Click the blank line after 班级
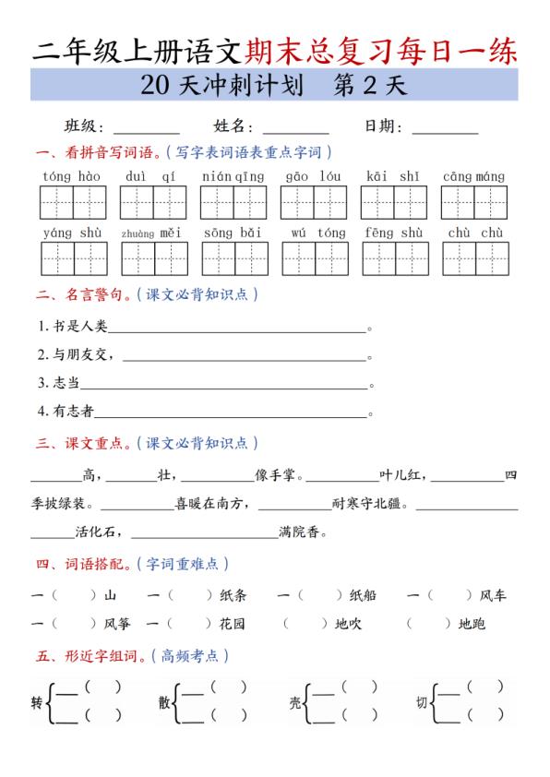(146, 129)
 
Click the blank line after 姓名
(295, 129)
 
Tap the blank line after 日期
(445, 129)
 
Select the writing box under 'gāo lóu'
(313, 202)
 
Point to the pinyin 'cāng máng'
(473, 176)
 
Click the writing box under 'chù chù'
(474, 258)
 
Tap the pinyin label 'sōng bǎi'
(233, 233)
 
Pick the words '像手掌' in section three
(275, 476)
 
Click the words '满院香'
(304, 532)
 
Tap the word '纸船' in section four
(363, 596)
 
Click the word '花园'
(233, 625)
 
